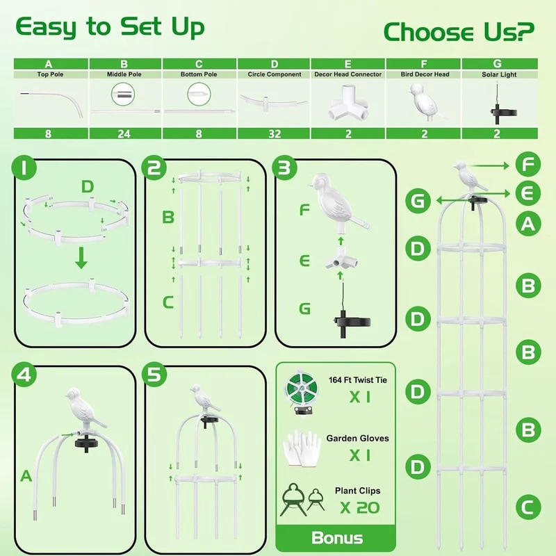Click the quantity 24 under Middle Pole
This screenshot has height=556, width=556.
tap(124, 134)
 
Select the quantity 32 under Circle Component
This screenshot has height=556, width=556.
tap(275, 134)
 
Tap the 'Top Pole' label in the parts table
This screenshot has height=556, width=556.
tap(50, 74)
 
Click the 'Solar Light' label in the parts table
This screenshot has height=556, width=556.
tap(499, 74)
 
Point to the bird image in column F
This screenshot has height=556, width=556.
tap(425, 102)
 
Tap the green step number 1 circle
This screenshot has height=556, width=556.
tap(24, 167)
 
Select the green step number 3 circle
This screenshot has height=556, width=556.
tap(284, 167)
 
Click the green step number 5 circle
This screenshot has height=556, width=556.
tap(154, 375)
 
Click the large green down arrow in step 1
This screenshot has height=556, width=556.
tap(81, 258)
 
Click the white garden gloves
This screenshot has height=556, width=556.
tap(302, 448)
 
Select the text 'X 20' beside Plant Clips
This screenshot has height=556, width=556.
tap(359, 508)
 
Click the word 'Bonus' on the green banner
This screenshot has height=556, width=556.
tap(337, 538)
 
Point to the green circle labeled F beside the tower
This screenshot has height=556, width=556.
tap(528, 164)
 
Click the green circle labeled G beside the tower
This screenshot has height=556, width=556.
tap(418, 201)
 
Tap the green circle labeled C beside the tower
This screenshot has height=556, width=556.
tap(528, 507)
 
